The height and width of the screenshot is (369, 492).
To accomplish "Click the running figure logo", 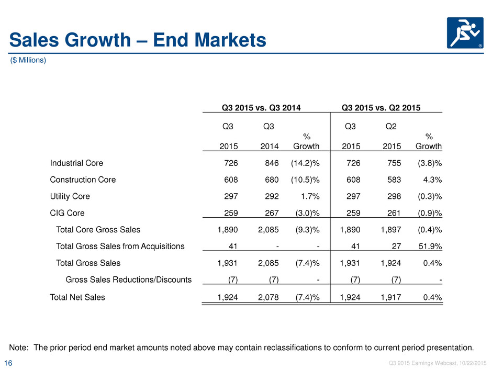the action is (465, 33).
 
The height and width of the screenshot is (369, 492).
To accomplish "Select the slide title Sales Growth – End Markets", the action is (138, 40).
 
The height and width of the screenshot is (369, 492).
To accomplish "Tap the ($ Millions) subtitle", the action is (28, 60).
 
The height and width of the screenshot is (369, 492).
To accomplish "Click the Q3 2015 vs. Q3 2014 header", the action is (261, 108).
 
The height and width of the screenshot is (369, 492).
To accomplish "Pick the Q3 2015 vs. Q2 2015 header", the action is (381, 108).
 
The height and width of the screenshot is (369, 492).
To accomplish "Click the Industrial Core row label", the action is (76, 163).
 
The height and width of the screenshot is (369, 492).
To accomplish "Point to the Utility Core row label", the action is (70, 196).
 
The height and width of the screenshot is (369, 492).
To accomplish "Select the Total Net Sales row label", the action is (77, 297).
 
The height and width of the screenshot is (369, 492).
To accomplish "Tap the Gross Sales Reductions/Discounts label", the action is (129, 279).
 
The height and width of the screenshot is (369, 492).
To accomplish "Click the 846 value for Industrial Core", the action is (272, 163).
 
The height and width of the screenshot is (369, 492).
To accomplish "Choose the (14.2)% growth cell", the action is (305, 163).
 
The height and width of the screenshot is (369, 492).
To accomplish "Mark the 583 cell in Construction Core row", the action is (394, 180).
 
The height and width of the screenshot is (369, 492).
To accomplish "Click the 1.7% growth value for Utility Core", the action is (310, 196).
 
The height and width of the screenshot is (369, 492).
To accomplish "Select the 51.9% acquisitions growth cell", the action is (430, 247).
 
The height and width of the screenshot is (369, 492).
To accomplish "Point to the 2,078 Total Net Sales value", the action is (269, 297).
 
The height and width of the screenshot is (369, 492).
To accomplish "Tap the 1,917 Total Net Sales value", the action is (391, 297).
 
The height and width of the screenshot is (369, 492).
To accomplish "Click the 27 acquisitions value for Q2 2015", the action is (397, 247).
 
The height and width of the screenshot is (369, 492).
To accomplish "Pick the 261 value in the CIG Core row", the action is (394, 213).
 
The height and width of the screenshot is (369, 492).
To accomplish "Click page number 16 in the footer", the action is (8, 363).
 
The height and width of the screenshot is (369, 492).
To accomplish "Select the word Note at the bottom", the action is (18, 348).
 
